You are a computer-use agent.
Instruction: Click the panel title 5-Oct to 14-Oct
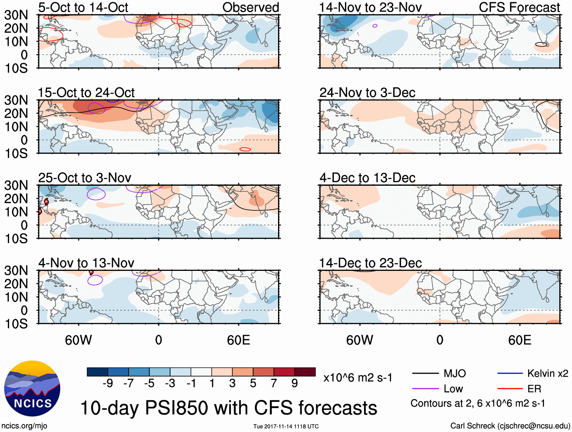coord(83,7)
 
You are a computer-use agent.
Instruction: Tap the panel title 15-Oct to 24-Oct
coord(86,93)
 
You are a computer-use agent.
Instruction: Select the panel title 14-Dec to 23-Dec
coord(370,263)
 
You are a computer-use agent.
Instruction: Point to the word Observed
coord(250,7)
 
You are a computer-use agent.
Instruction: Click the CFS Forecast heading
coord(519,7)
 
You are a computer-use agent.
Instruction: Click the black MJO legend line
coord(425,374)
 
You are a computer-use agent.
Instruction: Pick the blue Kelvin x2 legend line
coord(510,374)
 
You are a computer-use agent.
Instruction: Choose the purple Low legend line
coord(425,389)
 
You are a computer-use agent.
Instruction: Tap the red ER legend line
coord(510,389)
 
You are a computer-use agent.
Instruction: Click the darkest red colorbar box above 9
coord(305,372)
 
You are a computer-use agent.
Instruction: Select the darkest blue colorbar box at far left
coord(97,372)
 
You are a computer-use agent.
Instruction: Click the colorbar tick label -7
coord(128,384)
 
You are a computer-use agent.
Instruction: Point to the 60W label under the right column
coord(359,340)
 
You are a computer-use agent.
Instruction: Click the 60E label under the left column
coord(238,340)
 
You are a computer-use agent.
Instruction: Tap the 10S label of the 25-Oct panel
coord(16,239)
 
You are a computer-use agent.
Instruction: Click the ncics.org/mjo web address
coord(24,426)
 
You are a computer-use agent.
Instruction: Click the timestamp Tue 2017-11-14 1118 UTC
coord(286,426)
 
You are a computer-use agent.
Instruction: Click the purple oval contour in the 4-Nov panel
coord(95,280)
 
